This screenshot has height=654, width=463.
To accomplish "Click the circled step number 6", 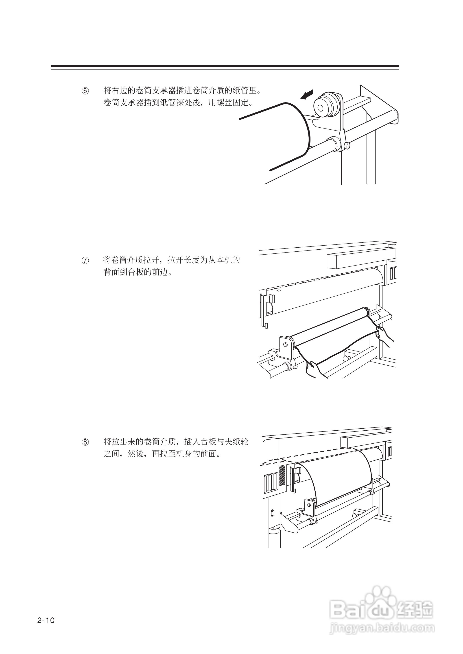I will pyautogui.click(x=85, y=91).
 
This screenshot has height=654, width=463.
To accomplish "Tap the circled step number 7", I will pyautogui.click(x=85, y=260).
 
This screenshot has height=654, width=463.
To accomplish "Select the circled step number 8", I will pyautogui.click(x=85, y=442).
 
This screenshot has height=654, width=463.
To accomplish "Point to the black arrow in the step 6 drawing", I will pyautogui.click(x=307, y=95).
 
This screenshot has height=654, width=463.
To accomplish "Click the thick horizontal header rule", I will pyautogui.click(x=225, y=66).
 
